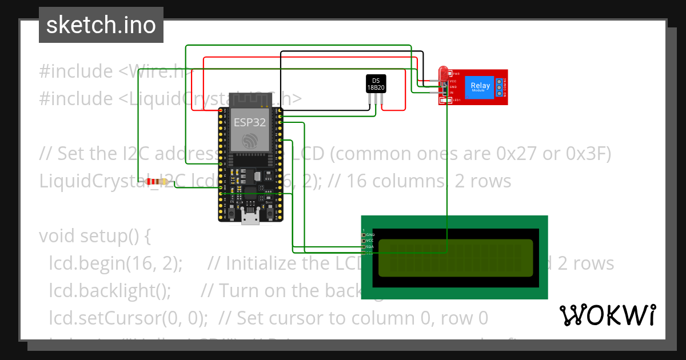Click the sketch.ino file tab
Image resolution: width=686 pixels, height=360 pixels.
[101, 25]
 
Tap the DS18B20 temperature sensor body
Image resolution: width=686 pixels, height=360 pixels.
[376, 83]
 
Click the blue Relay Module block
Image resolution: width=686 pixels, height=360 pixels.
[480, 87]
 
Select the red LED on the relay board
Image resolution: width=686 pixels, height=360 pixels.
[443, 73]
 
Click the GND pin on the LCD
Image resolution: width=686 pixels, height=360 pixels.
[364, 235]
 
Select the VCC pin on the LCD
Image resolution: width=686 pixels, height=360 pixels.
[364, 241]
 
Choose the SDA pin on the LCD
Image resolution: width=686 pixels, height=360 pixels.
[364, 247]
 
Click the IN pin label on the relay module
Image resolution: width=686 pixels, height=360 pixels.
[451, 92]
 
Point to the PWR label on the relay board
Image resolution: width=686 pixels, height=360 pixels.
[456, 74]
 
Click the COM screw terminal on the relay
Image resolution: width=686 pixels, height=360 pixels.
[499, 87]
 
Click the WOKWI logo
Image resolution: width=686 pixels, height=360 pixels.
[607, 315]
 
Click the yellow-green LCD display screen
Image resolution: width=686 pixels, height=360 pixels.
[455, 257]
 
